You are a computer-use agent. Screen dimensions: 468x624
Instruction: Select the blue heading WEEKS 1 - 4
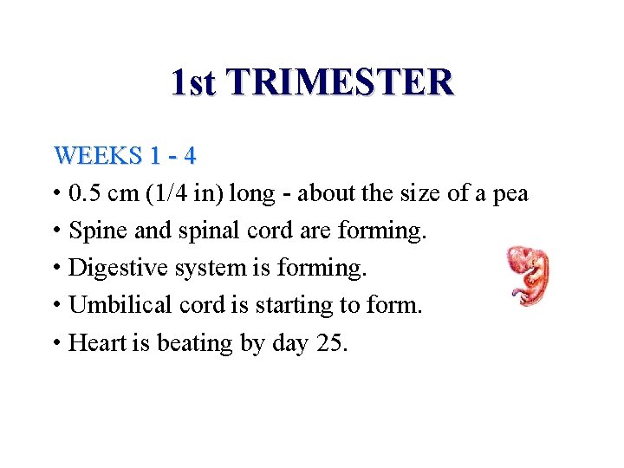(x=125, y=156)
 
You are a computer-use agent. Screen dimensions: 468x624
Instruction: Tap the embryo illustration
(x=530, y=275)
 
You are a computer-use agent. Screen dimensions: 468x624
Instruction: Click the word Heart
(x=98, y=343)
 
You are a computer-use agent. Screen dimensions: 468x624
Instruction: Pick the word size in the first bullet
(x=422, y=193)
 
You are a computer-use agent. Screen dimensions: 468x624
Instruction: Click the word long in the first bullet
(x=250, y=193)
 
